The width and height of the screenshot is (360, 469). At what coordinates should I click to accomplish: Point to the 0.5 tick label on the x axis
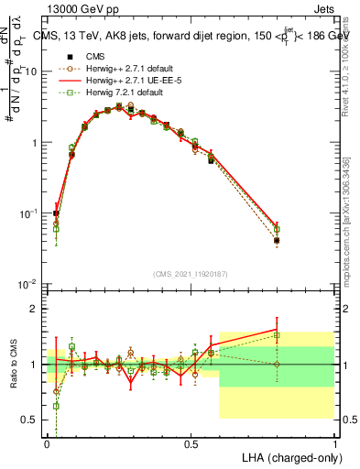[191, 442]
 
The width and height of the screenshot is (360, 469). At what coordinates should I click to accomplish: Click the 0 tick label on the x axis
[48, 442]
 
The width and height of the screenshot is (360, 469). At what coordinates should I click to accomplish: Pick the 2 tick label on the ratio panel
[35, 309]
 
